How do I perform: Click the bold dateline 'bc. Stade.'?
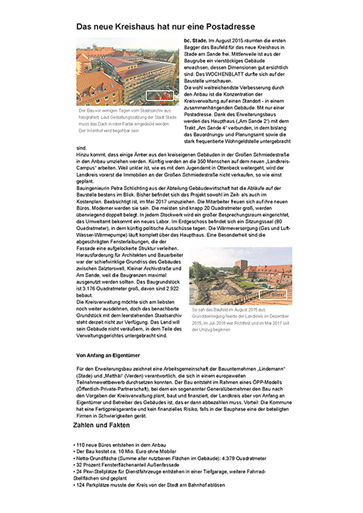click(195, 39)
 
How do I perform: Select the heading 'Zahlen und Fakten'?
click(100, 425)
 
